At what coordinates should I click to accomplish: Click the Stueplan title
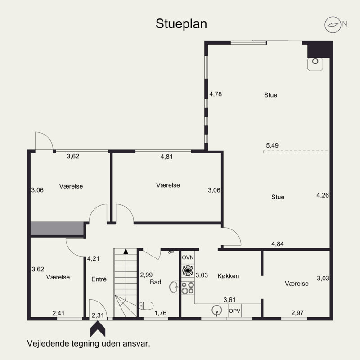click(x=181, y=24)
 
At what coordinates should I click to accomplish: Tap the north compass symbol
click(x=333, y=25)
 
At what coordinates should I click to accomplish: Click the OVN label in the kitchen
click(x=188, y=257)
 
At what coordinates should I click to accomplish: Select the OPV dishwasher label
click(x=234, y=310)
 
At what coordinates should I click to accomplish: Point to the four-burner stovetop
click(x=188, y=288)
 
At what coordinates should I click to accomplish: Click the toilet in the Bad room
click(x=146, y=306)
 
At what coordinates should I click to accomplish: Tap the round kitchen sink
click(x=217, y=310)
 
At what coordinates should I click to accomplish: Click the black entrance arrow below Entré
click(x=98, y=329)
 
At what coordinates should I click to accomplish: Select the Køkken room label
click(x=228, y=276)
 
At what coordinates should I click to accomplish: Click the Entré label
click(x=99, y=279)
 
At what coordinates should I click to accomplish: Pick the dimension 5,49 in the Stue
click(x=272, y=145)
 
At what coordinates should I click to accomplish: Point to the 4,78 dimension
click(x=216, y=94)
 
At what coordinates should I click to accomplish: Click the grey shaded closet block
click(x=57, y=229)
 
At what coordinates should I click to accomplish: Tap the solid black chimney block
click(x=320, y=49)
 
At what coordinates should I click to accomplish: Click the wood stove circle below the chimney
click(x=315, y=61)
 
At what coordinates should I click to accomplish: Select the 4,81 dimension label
click(x=166, y=157)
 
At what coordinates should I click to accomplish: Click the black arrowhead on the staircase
click(x=126, y=252)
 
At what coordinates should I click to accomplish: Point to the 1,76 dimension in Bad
click(x=161, y=313)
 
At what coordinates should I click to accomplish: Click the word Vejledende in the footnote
click(x=48, y=344)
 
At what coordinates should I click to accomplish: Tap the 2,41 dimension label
click(x=58, y=313)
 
